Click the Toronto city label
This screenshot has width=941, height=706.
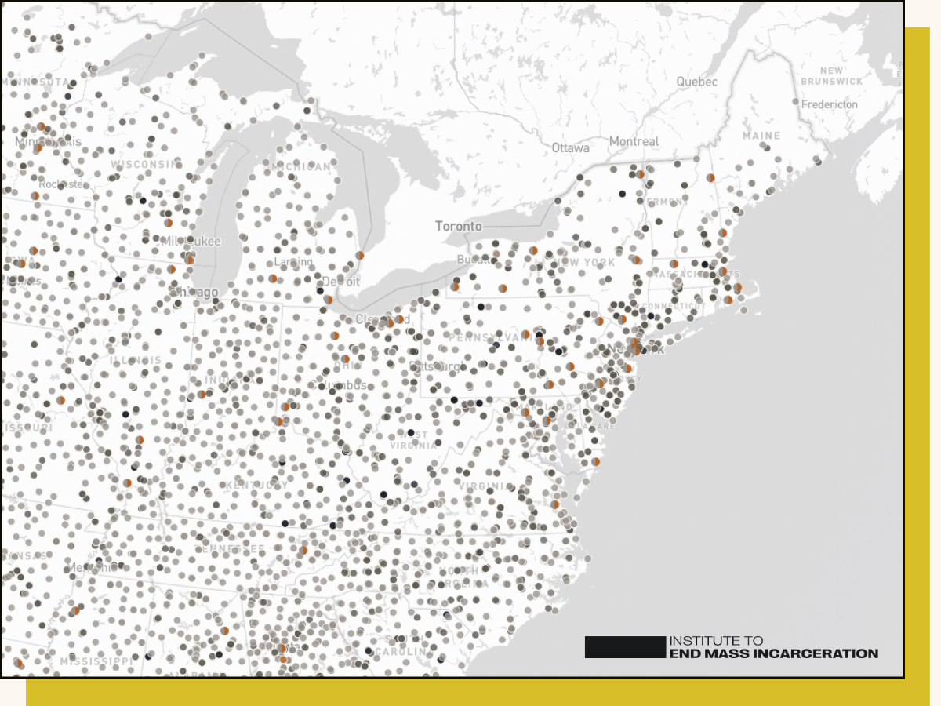point(459,227)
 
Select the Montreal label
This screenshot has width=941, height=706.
point(634,142)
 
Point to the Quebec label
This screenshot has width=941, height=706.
point(696,82)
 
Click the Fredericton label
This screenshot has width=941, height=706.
point(830,104)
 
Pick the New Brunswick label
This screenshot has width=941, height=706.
point(831,76)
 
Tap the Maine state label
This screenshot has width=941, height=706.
point(761,136)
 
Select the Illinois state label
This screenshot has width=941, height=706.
point(136,361)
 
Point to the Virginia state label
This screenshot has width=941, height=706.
point(488,486)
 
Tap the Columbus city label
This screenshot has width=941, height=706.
point(337,386)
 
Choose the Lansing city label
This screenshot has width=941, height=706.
point(293,262)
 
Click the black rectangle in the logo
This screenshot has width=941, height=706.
point(624,647)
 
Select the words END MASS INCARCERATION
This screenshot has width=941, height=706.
point(773,653)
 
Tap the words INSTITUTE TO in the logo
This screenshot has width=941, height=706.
point(715,641)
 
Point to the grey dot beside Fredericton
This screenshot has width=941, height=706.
point(795,102)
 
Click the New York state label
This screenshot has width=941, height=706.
point(584,262)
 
